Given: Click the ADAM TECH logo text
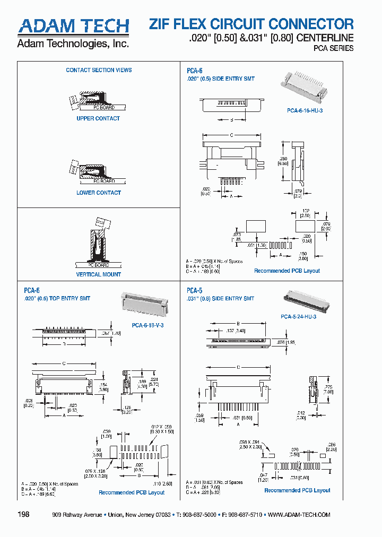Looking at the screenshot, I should [73, 27].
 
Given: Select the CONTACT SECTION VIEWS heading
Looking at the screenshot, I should [99, 70].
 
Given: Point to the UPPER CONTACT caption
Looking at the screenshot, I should [98, 118].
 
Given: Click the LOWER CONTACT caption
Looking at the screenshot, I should [99, 193].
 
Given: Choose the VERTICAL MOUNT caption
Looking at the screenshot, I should [99, 274].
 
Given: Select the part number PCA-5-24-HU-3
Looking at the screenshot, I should [298, 316].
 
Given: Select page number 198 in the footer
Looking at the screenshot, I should [24, 515].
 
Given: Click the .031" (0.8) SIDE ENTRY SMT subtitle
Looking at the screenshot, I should [220, 299].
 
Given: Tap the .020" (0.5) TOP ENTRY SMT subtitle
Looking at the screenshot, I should [57, 298].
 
